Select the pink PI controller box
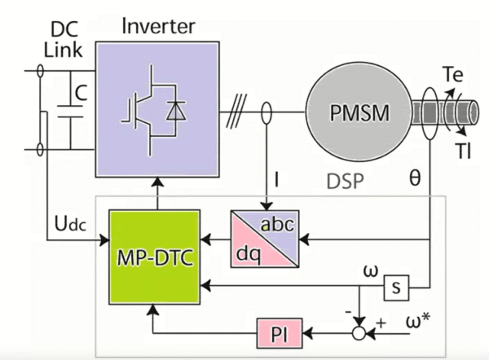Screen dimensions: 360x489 [x=280, y=332]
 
